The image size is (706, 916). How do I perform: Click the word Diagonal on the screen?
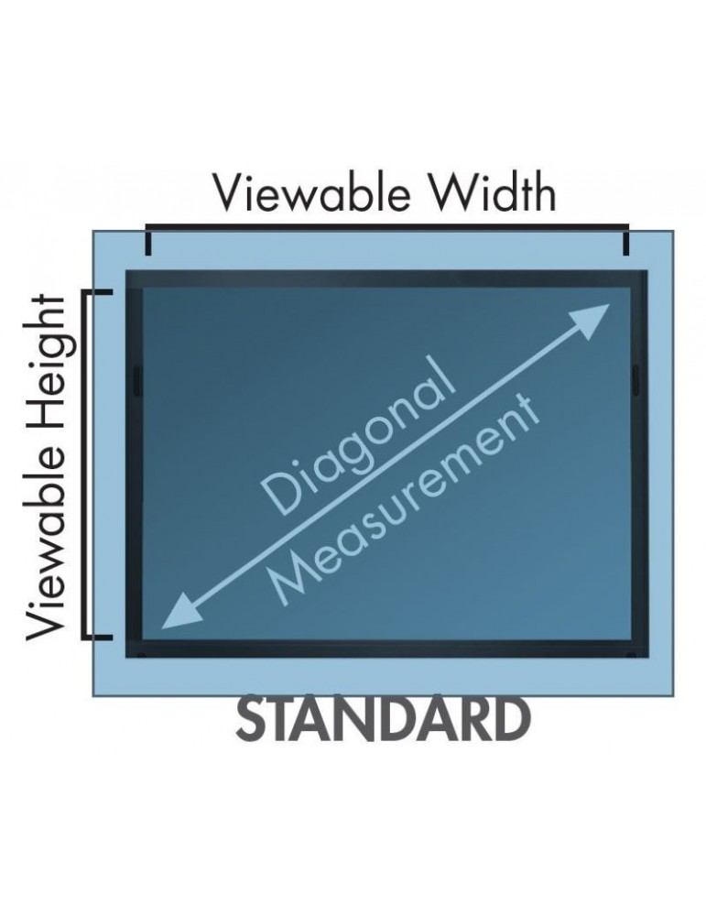point(357,437)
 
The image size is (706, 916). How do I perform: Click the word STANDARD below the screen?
point(384,721)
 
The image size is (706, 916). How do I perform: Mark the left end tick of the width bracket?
point(147,240)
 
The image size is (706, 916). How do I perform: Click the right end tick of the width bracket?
point(627,240)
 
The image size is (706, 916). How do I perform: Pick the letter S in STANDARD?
point(253,721)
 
